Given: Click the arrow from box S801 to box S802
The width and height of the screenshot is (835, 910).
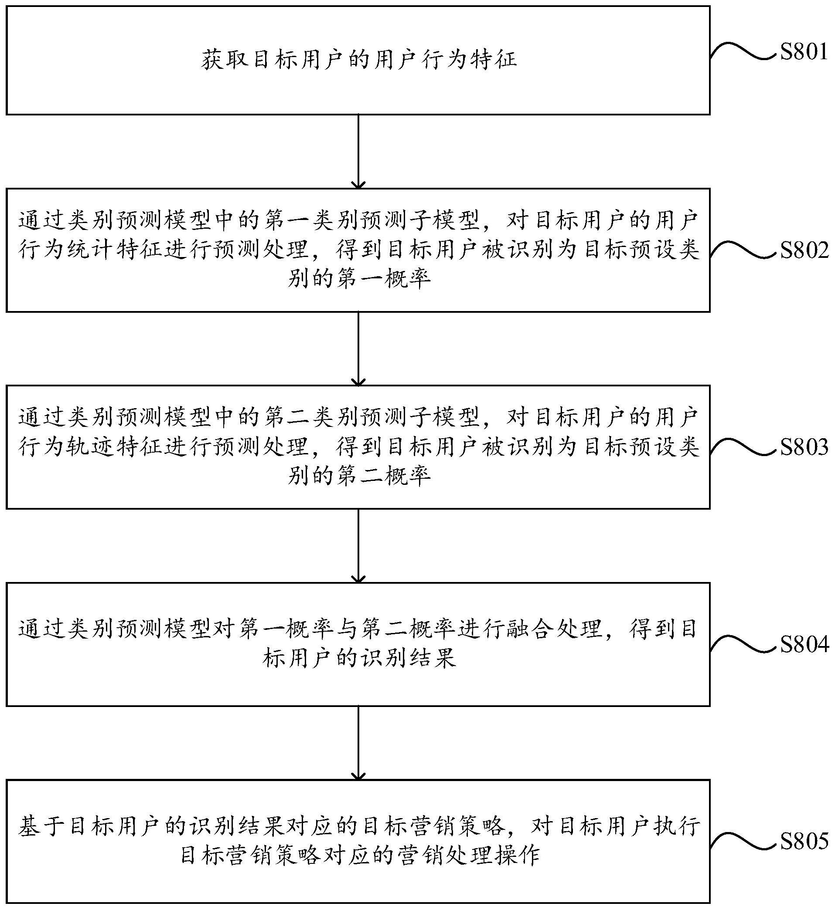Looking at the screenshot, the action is tap(358, 152).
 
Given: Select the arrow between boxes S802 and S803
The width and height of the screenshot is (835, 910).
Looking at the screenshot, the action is tap(358, 348).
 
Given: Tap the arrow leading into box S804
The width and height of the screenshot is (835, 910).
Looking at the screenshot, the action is tap(358, 546).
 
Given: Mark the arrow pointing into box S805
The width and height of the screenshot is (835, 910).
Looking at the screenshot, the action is tap(358, 743).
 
